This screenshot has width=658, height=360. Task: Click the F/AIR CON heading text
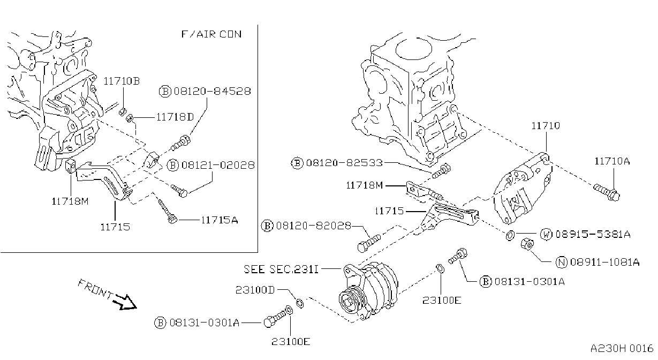[211, 34]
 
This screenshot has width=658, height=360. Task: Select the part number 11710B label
[122, 81]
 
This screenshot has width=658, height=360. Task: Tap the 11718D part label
[175, 117]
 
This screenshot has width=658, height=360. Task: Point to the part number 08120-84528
[213, 91]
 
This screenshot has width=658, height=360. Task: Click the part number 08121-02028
[218, 165]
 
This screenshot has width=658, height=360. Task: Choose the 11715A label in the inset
[220, 220]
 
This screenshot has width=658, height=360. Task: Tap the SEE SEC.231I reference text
[281, 269]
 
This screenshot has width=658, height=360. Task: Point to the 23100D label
[255, 290]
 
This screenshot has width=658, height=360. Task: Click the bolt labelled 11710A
[606, 192]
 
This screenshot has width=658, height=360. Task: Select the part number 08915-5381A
[593, 234]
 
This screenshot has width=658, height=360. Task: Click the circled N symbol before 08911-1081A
[561, 262]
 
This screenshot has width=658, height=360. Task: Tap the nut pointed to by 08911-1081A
[527, 244]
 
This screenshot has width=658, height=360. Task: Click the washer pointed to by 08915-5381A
[510, 235]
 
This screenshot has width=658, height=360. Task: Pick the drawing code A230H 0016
[622, 348]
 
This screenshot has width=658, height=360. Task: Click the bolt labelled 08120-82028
[369, 243]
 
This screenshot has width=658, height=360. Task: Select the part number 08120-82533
[344, 162]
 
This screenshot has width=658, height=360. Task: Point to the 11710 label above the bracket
[546, 126]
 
